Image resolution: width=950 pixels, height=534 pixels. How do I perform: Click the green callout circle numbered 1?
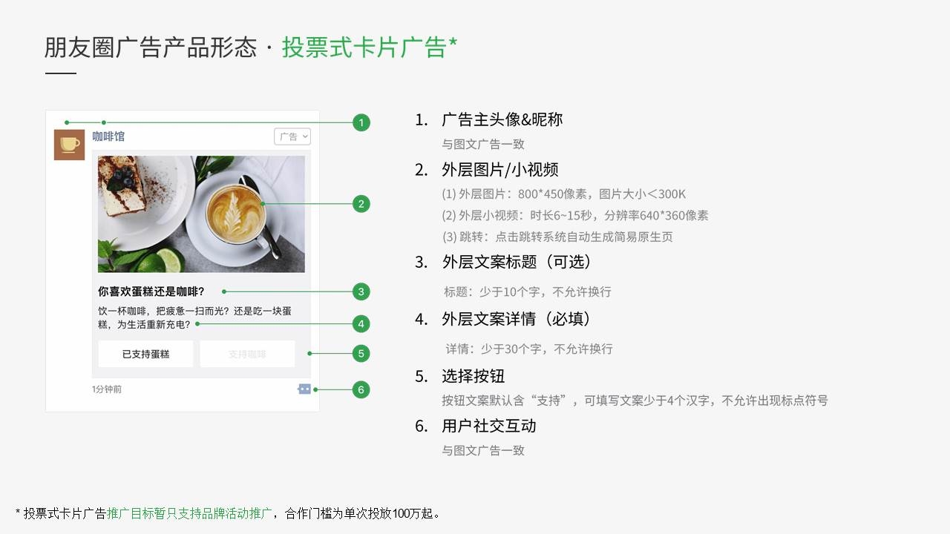361,123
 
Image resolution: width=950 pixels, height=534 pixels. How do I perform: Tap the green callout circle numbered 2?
361,204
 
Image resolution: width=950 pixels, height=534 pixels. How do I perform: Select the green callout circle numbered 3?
361,291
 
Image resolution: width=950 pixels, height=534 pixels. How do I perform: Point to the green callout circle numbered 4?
361,324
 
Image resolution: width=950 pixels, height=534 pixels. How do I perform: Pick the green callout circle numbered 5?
361,354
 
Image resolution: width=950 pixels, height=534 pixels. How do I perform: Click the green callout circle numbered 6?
361,389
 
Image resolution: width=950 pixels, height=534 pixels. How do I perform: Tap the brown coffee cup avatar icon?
69,145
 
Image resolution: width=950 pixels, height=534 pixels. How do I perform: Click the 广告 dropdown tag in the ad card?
292,136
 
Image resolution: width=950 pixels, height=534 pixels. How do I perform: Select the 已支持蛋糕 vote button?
145,354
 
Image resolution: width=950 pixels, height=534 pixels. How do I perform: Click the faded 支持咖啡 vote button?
247,354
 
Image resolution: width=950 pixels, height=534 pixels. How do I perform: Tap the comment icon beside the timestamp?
304,389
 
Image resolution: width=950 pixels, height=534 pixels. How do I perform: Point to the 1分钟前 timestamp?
107,389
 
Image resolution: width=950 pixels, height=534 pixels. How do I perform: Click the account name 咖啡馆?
108,136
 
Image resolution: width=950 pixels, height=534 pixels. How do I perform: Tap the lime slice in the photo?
168,260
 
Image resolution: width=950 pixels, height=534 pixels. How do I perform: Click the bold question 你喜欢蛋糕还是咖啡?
151,291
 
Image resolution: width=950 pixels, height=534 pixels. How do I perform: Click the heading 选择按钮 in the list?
474,376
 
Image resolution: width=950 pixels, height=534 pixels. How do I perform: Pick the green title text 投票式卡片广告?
364,47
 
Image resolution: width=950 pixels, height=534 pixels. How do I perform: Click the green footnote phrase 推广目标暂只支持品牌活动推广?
189,514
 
